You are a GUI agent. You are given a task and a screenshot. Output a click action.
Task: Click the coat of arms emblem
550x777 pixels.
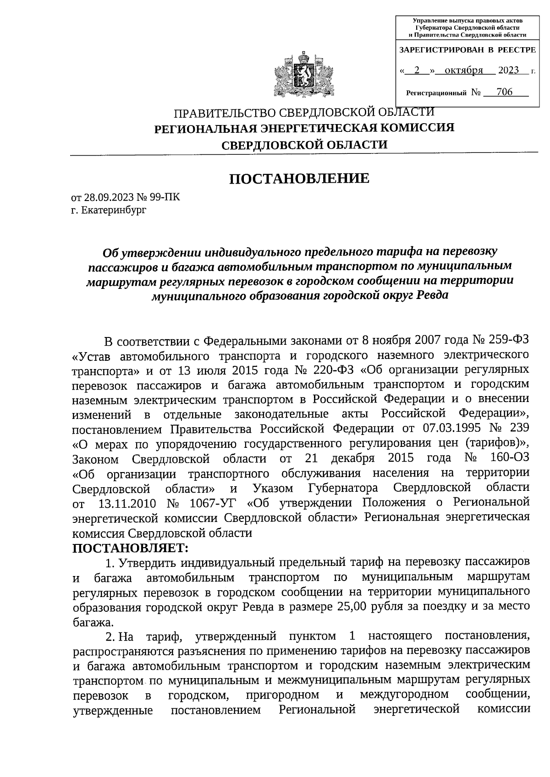[x=302, y=76]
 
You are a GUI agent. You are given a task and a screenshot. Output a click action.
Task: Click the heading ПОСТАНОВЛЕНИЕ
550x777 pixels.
[x=299, y=178]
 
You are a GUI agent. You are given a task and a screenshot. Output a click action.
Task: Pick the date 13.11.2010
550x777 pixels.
[x=127, y=503]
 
